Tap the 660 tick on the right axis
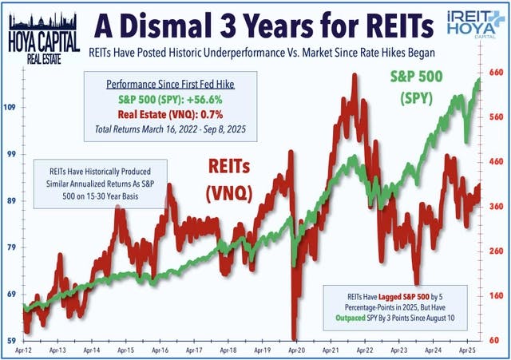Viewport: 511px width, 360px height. click(x=497, y=73)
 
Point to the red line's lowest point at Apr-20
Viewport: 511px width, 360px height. click(x=295, y=338)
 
